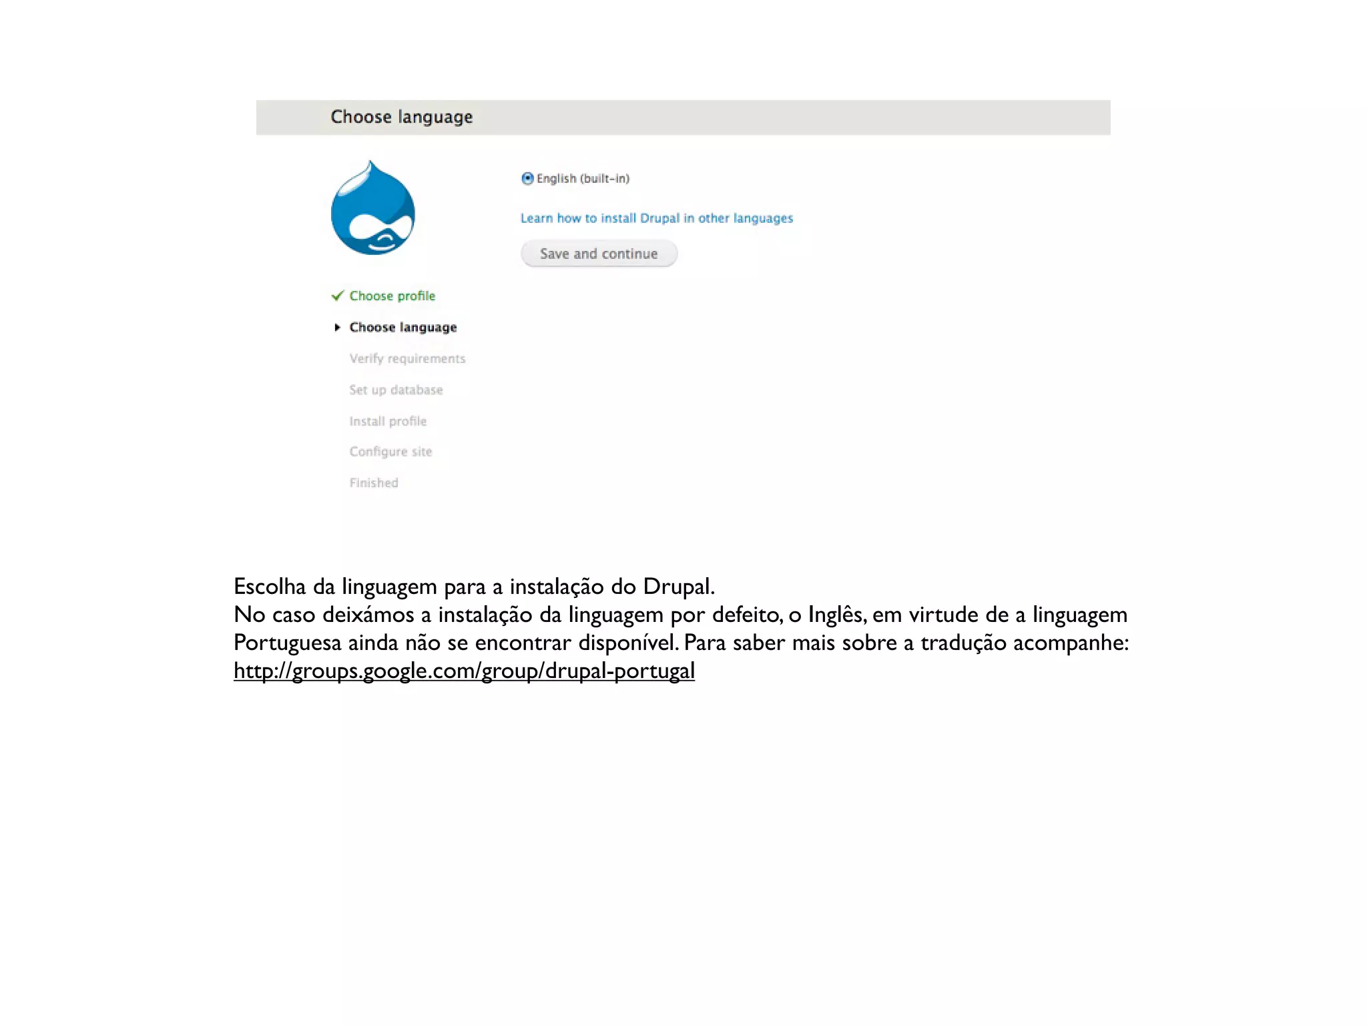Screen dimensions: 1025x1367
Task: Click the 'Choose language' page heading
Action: coord(401,117)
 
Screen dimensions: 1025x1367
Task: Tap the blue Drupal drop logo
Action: coord(373,210)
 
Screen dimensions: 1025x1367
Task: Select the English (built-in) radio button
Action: coord(527,178)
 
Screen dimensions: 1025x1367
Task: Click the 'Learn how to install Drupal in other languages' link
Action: coord(656,218)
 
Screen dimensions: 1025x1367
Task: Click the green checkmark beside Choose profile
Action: coord(338,296)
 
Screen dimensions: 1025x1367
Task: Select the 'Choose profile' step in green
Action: coord(392,296)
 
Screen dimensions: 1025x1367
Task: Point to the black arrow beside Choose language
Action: coord(338,327)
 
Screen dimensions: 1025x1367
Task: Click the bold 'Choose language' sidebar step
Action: coord(403,327)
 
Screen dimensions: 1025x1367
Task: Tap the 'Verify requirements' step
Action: coord(407,358)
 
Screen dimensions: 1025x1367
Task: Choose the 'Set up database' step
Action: coord(396,390)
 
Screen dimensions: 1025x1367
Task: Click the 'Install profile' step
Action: coord(388,421)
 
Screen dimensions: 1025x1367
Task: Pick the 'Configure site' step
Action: coord(390,452)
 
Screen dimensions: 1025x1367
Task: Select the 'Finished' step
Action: coord(374,482)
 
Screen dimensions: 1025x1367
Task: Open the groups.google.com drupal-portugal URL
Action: coord(464,671)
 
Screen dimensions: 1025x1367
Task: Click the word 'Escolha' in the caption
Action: coord(270,587)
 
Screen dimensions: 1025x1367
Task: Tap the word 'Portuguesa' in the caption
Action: coord(287,643)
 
